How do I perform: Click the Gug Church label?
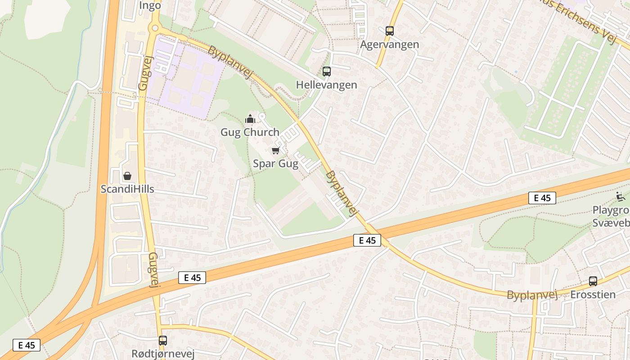point(250,132)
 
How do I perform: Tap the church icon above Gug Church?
point(250,119)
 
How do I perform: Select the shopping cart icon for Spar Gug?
point(275,150)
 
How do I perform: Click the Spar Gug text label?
point(275,163)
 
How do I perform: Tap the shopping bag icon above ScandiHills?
point(127,175)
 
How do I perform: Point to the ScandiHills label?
point(127,189)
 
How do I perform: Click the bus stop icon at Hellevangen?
point(327,71)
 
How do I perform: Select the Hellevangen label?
point(327,85)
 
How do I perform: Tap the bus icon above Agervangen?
point(390,31)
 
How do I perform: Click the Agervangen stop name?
point(390,45)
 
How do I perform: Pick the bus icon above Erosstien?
point(593,281)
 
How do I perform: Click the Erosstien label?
point(593,295)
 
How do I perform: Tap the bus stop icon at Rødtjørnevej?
point(163,341)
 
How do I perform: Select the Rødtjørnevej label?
point(163,354)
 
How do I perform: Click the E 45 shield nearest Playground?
point(542,198)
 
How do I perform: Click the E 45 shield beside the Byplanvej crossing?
point(367,240)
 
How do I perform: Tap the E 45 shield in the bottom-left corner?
point(27,345)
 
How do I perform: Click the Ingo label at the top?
point(150,5)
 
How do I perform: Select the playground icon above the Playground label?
point(621,196)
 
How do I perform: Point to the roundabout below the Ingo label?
point(155,28)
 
